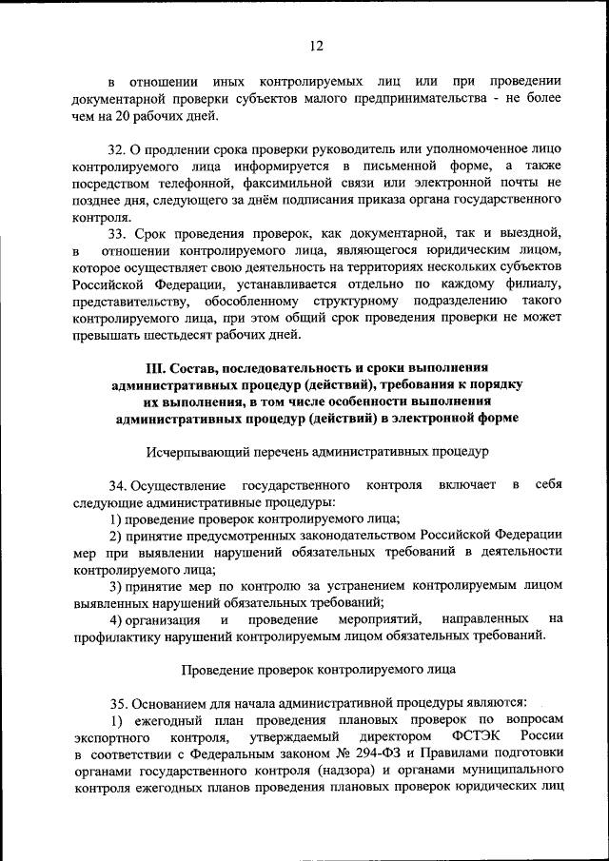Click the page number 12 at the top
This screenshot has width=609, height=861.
(x=317, y=46)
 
